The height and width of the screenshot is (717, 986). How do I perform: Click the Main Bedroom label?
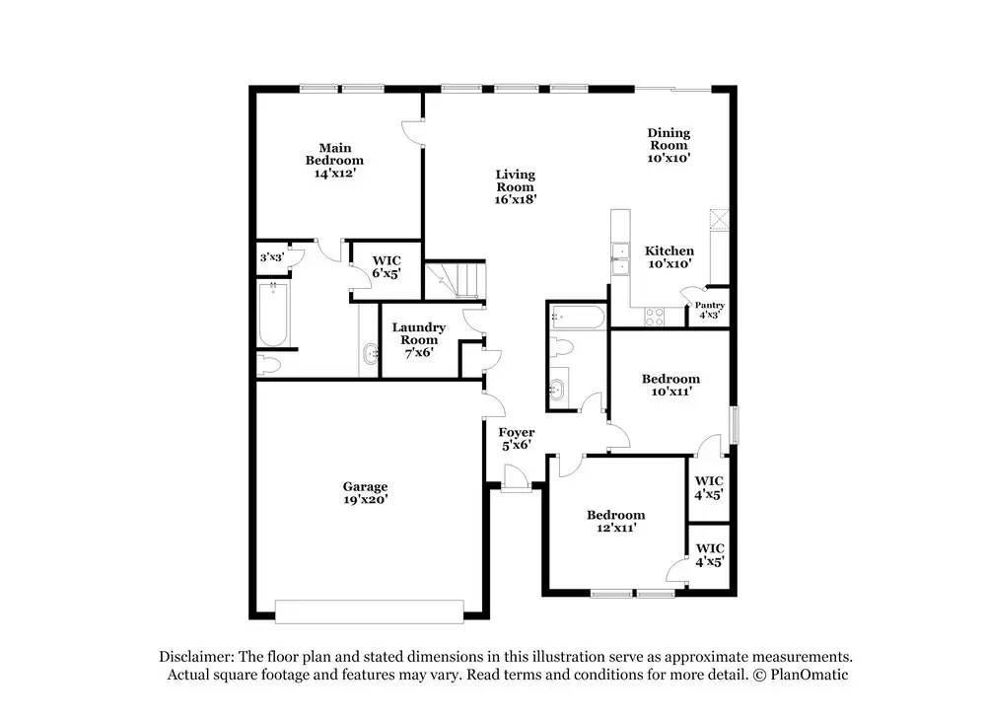(x=334, y=161)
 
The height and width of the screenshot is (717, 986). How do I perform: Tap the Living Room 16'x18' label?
(x=515, y=186)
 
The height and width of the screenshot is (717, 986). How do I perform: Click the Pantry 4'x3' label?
(x=709, y=310)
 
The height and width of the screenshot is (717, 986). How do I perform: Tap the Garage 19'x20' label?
(x=366, y=492)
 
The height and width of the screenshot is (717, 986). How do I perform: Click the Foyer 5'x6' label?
(x=517, y=438)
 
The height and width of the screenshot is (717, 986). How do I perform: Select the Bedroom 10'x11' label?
(x=670, y=385)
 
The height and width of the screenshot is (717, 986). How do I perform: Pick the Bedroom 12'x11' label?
(x=616, y=521)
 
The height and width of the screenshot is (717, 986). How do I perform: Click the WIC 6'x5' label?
(x=387, y=266)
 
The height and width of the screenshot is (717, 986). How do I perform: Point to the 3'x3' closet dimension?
(x=272, y=257)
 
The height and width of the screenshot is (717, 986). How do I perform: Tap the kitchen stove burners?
(x=654, y=317)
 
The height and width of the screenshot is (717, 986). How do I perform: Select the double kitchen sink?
(x=620, y=259)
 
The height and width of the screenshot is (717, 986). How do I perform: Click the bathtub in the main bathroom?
(x=273, y=315)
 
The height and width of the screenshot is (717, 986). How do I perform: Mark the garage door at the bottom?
(x=369, y=611)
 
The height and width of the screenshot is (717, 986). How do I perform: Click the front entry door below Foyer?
(x=516, y=478)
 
